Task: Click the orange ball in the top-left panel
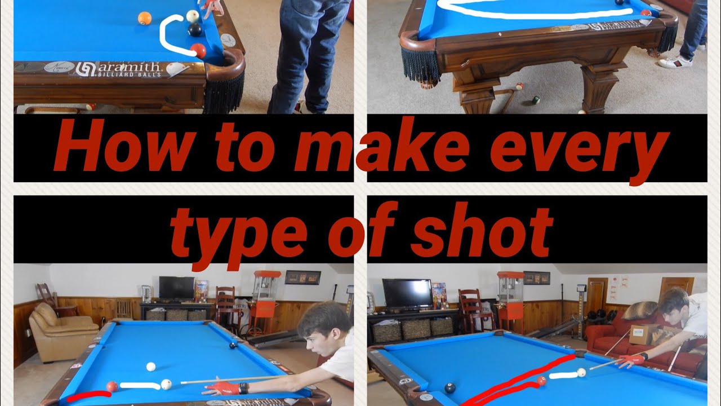tap(145, 18)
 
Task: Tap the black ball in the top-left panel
tap(195, 29)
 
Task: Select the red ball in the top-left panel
tap(198, 51)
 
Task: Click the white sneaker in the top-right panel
tap(675, 61)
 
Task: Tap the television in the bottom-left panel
tap(176, 288)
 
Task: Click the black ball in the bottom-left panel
tap(233, 345)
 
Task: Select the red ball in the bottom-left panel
tap(112, 386)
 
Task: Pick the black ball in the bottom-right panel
tap(449, 388)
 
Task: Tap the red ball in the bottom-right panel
tap(541, 381)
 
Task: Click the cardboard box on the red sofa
tap(643, 334)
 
